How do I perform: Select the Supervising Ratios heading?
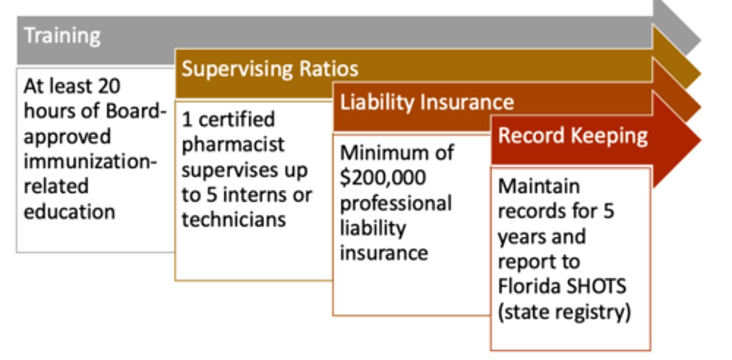tap(270, 69)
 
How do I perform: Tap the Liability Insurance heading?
tap(427, 102)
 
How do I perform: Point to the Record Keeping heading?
tap(573, 136)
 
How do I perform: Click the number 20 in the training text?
tap(109, 86)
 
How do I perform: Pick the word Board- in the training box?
tap(136, 111)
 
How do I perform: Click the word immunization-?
tap(90, 162)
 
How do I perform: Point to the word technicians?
tap(234, 220)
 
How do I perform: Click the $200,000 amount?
tap(383, 178)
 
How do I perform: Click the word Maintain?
tap(539, 186)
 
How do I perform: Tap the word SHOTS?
tap(596, 286)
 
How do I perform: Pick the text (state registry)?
tap(564, 312)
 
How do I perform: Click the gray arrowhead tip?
tap(700, 41)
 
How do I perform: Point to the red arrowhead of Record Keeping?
tap(677, 140)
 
